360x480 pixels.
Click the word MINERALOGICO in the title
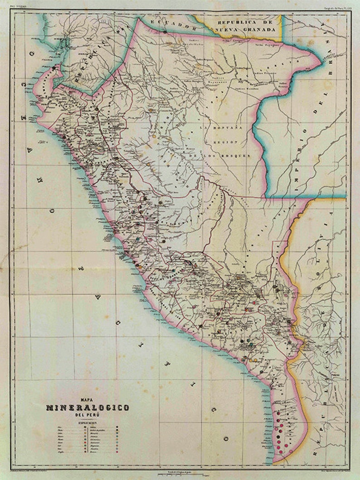tap(88, 407)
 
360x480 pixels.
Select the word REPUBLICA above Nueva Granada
tap(238, 22)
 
